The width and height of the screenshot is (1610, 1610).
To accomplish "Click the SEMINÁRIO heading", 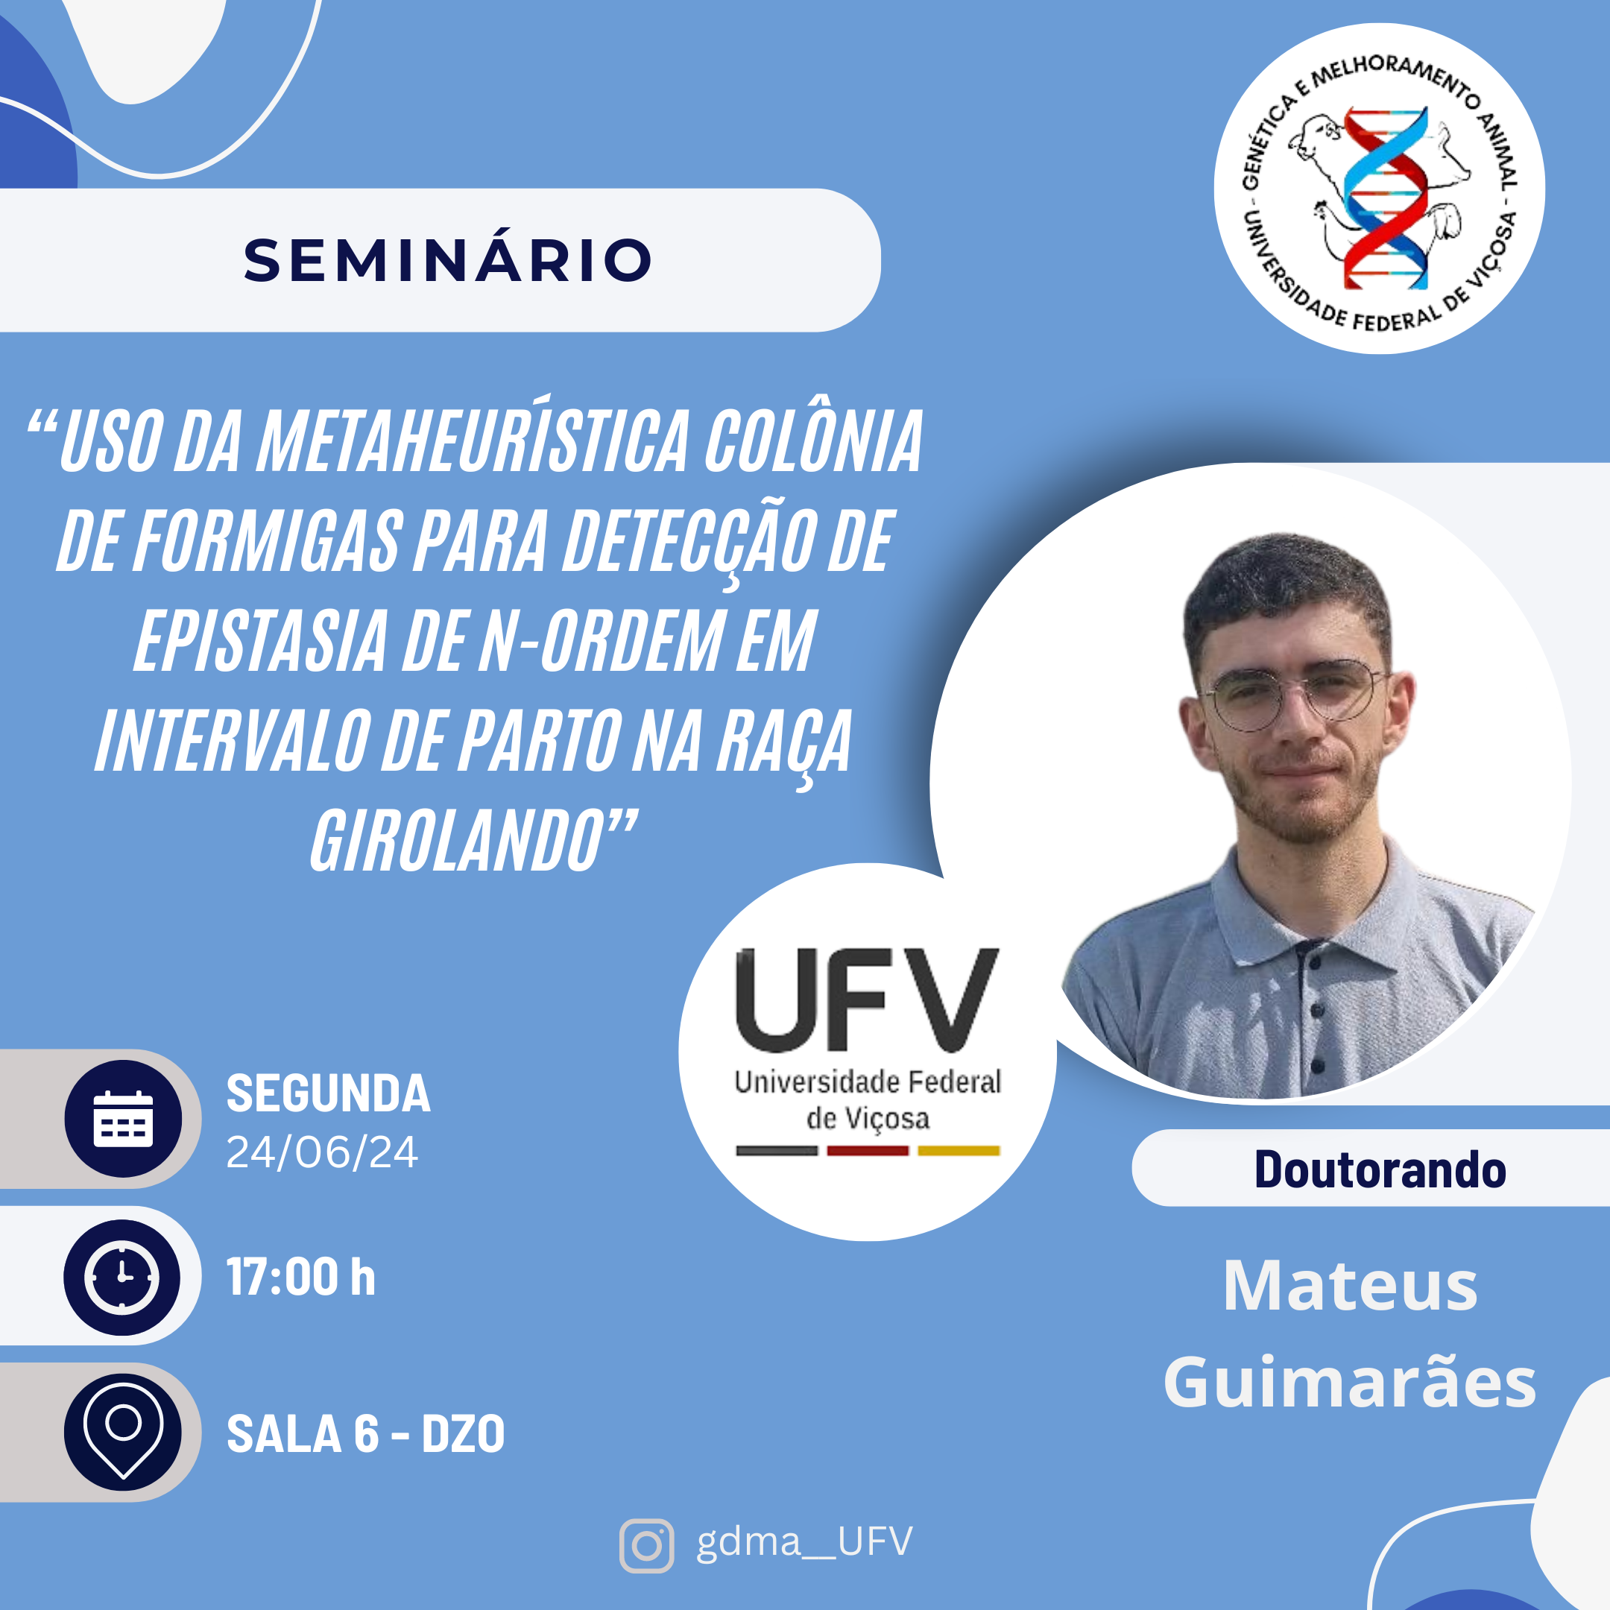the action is (447, 260).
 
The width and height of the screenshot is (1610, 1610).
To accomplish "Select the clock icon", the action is (122, 1277).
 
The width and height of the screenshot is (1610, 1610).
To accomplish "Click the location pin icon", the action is (123, 1432).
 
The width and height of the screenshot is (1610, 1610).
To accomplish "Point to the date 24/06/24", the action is (322, 1152).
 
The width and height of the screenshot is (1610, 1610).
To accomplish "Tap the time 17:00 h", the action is (301, 1277).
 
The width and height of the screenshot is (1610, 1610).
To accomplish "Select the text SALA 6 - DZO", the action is (366, 1433).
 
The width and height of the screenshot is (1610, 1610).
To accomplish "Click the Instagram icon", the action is (647, 1546).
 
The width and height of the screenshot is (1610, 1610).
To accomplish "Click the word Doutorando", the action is (1380, 1169).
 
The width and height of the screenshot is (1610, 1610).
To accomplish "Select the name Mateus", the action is (1350, 1285).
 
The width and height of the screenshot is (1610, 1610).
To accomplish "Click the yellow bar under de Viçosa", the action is (959, 1151).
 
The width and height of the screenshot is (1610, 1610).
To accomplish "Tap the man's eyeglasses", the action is (1294, 692).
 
